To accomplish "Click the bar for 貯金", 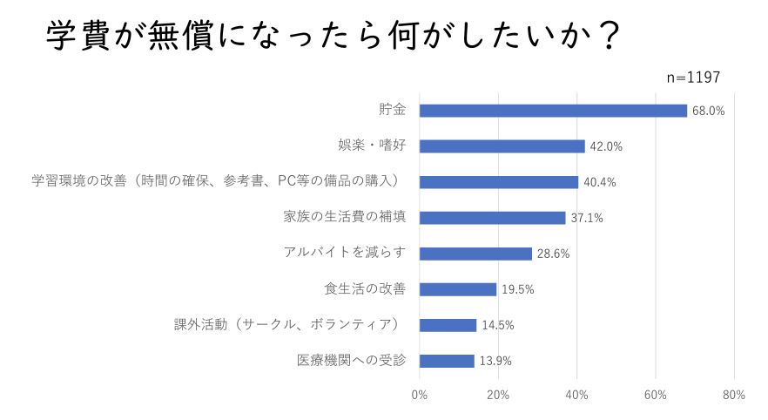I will tap(553, 111).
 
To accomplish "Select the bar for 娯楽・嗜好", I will tap(502, 146).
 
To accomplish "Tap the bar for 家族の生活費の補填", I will tap(492, 218).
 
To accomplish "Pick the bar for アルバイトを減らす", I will tap(475, 254).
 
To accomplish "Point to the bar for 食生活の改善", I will tap(457, 289).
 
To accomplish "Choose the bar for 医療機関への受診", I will tap(447, 361).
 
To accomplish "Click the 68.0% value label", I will tap(708, 111).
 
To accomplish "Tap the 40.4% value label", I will tap(599, 183).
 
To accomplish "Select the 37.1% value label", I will tap(587, 219).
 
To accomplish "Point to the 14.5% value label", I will tap(497, 326).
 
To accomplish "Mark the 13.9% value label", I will tap(495, 362).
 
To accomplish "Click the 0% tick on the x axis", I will tap(419, 395).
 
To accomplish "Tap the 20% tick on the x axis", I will tap(498, 395).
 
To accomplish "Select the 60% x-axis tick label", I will tap(655, 395).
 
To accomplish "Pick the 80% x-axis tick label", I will tap(734, 395).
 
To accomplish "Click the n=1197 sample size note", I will tap(693, 78).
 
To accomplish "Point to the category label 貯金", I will tap(391, 110).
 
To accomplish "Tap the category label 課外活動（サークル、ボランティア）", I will tap(286, 325).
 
